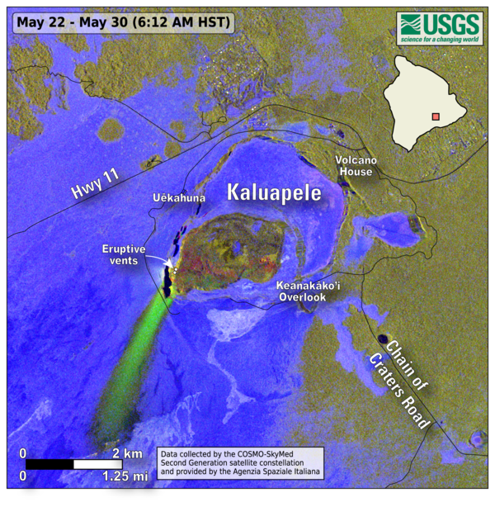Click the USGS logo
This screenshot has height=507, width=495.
[x=437, y=29]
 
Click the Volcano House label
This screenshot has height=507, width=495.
[x=355, y=166]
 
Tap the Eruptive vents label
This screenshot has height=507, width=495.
[x=125, y=254]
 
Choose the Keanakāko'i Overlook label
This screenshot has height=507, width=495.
[x=308, y=290]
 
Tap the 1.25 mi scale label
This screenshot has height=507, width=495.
[x=125, y=476]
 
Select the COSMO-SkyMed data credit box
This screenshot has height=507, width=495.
[x=240, y=462]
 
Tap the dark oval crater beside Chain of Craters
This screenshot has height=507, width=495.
[x=382, y=339]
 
